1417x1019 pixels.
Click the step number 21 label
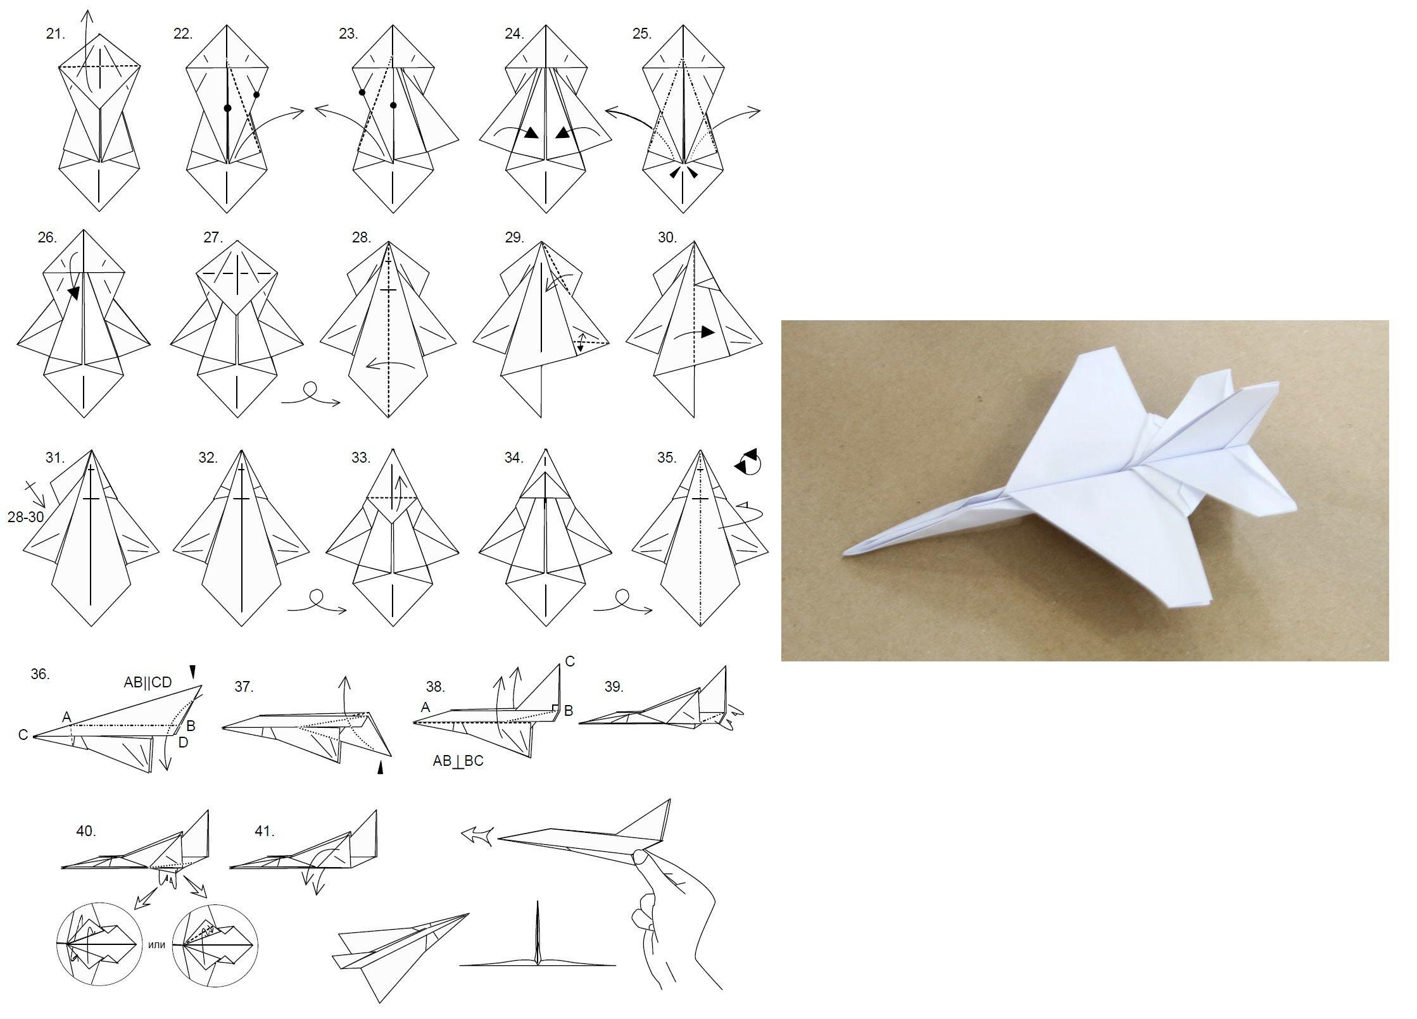(55, 34)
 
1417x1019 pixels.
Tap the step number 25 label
(641, 34)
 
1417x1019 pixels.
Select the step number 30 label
(667, 237)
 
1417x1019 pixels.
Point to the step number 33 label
(361, 458)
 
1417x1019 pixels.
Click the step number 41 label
(265, 831)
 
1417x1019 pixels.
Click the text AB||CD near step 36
(148, 683)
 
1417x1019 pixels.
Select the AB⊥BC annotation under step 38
(458, 761)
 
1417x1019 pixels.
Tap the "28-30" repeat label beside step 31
(26, 517)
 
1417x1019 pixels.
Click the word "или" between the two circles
(156, 945)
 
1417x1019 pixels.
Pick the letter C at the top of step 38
(570, 662)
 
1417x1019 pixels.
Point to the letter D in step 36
(183, 742)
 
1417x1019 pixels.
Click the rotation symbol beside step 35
(748, 461)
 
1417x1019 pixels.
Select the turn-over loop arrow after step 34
(623, 602)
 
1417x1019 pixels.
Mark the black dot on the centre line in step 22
(227, 108)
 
